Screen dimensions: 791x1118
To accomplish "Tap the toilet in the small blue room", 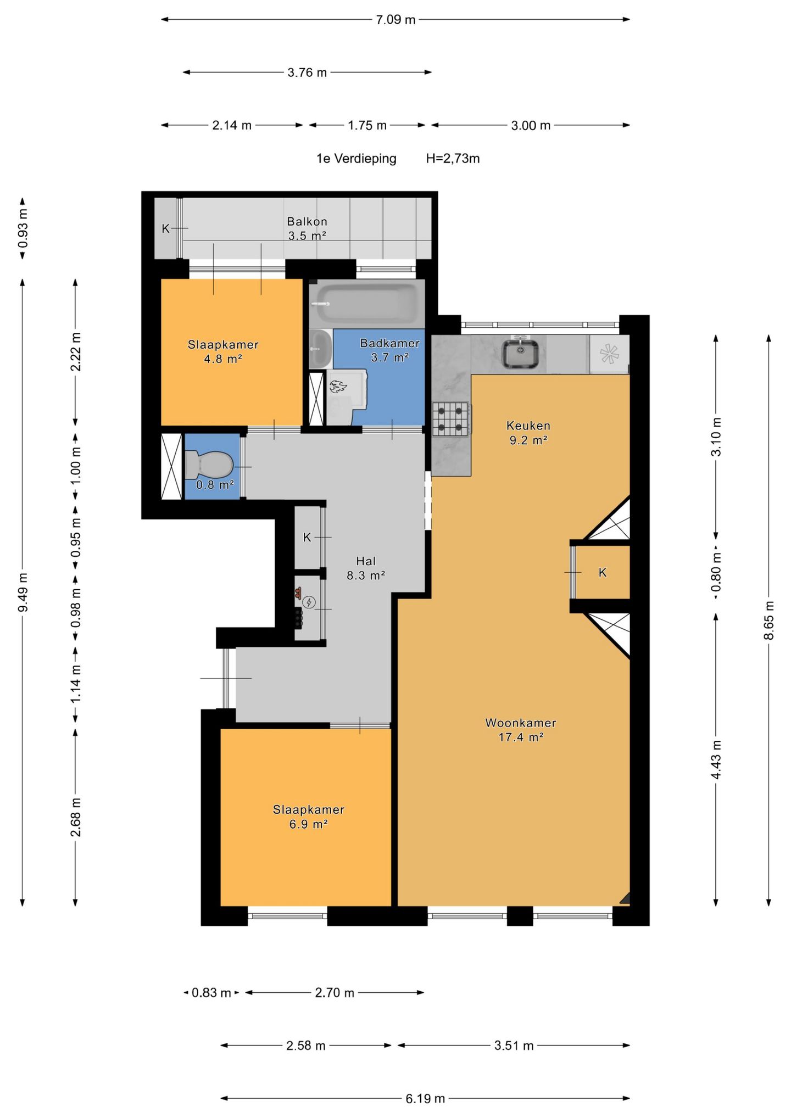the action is click(208, 465).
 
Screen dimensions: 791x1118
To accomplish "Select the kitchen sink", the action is click(520, 354).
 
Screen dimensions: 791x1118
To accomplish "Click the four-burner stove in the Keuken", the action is click(450, 419).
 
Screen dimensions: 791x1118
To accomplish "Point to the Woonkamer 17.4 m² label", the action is click(521, 730).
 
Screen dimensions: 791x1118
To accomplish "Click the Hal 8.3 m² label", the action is click(366, 568).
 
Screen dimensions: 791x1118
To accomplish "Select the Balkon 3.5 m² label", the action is click(307, 228).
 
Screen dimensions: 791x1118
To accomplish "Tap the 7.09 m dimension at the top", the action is click(396, 20).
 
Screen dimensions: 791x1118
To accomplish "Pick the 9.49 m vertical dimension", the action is click(23, 592).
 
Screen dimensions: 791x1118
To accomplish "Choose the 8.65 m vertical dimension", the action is click(768, 620).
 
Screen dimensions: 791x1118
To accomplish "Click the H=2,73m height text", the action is click(453, 159).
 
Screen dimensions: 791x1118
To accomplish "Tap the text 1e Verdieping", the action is click(356, 159).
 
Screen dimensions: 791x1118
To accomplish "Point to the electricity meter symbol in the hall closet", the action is click(310, 602).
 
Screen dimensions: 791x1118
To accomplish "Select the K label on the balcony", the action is click(165, 228).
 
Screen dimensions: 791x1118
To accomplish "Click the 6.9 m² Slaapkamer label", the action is click(309, 817).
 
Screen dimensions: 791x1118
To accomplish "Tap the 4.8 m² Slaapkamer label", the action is click(223, 351).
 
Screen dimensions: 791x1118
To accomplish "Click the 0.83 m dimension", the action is click(211, 992).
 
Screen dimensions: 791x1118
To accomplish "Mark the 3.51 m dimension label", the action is click(514, 1046).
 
